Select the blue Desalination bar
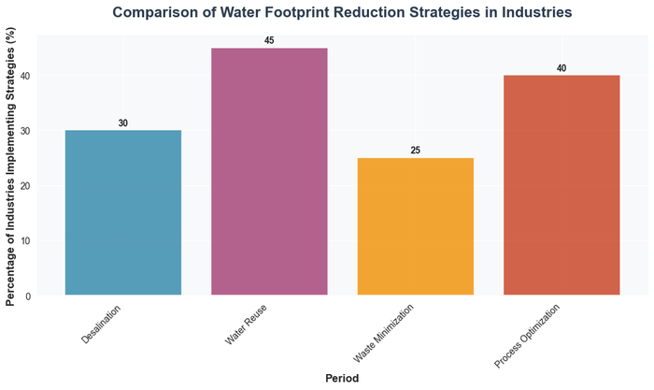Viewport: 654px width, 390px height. [122, 213]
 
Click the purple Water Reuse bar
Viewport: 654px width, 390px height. [269, 172]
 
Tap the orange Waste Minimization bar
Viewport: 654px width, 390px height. [415, 226]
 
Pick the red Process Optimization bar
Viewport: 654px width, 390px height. [562, 185]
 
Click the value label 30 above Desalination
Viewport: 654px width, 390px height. [122, 123]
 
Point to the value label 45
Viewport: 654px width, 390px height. [269, 41]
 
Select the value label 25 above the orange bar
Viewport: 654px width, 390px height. [415, 151]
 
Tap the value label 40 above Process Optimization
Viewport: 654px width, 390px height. [562, 68]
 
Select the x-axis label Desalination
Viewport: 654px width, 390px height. [101, 323]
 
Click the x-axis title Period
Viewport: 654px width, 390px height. [342, 377]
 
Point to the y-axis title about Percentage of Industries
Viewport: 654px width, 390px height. [11, 166]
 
